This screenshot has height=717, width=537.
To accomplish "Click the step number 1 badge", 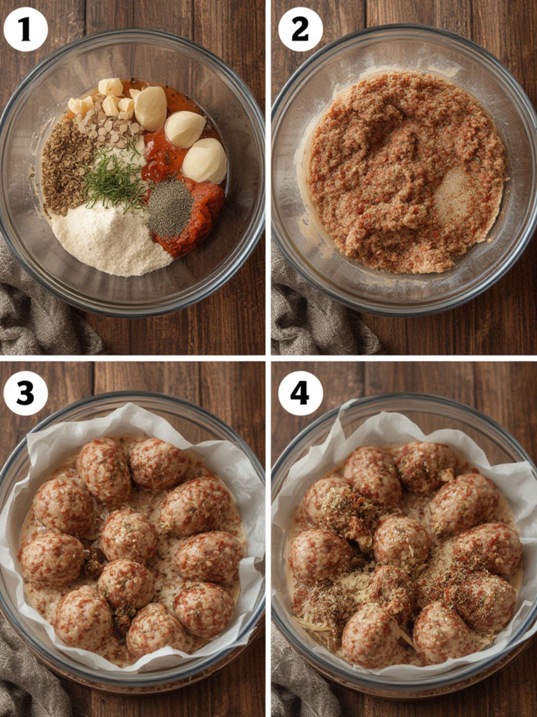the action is point(25,29).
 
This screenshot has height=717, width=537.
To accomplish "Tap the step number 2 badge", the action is point(300,29).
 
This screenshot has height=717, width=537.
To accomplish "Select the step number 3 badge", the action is point(25,393).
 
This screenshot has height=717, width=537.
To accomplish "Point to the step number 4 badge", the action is point(300,393).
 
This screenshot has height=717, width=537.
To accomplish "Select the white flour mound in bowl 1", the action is point(111,243).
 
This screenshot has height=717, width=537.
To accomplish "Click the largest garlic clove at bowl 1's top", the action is point(150,108).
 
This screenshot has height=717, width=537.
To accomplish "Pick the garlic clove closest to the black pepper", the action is point(205,160).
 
